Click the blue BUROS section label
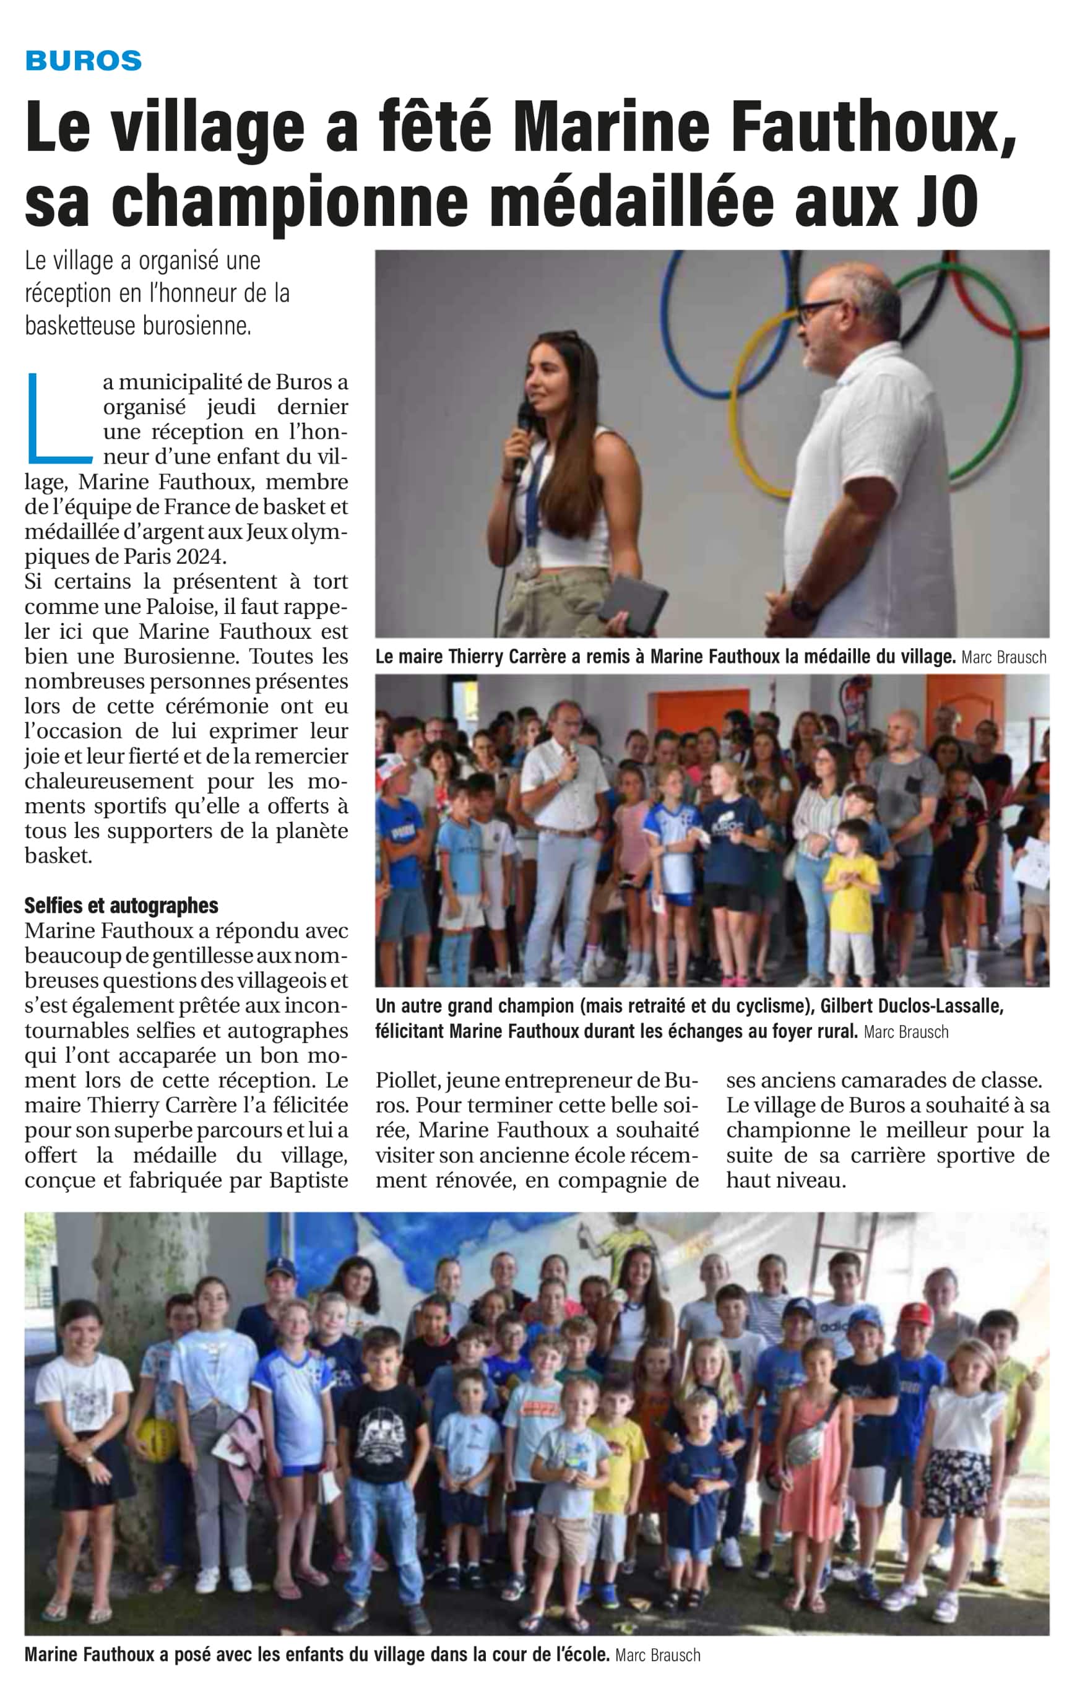pyautogui.click(x=83, y=61)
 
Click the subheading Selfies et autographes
pyautogui.click(x=121, y=906)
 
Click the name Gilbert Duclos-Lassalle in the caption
pyautogui.click(x=912, y=1006)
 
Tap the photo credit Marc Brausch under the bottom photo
pyautogui.click(x=657, y=1655)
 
